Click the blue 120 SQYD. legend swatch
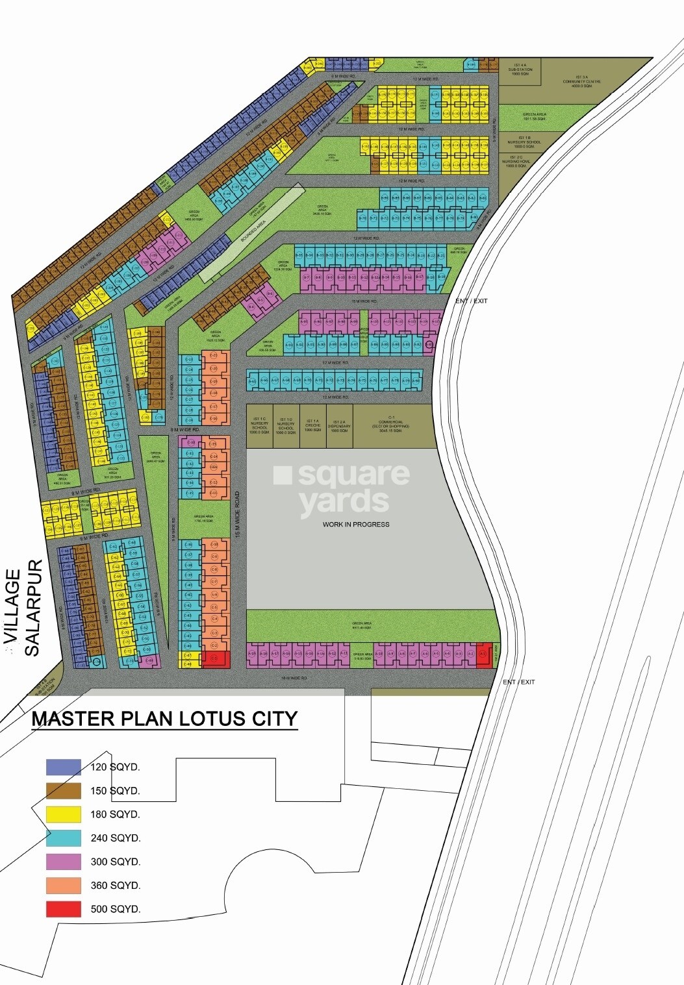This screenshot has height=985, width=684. [63, 767]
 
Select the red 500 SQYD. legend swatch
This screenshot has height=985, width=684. [63, 909]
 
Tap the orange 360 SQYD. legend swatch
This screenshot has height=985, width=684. [63, 885]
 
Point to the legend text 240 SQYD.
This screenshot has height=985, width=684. [116, 838]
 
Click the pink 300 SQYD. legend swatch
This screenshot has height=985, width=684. [63, 862]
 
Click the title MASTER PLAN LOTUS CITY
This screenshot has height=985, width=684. [164, 719]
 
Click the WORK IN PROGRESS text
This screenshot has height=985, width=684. [356, 524]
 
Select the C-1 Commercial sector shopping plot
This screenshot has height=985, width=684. [391, 426]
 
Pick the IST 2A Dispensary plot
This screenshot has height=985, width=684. [339, 426]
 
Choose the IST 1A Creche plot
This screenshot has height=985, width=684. [312, 426]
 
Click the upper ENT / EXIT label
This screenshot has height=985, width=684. [471, 301]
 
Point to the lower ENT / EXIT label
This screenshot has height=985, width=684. [518, 682]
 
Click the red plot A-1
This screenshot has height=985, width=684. [483, 655]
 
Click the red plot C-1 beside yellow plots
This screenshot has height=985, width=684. [216, 658]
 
